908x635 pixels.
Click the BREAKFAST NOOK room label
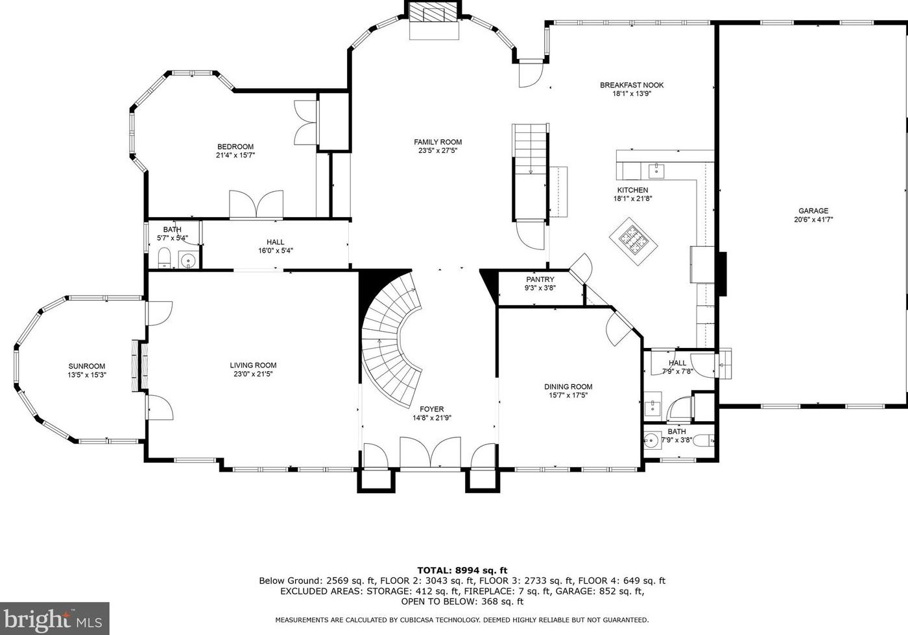pos(632,85)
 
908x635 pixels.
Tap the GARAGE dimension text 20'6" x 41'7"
pos(813,220)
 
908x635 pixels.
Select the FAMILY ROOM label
pos(438,142)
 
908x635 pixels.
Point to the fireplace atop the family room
pos(434,20)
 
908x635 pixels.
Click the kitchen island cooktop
pos(633,241)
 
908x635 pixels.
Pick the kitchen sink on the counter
pos(656,171)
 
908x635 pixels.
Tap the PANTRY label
pos(540,279)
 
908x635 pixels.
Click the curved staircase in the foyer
pos(391,340)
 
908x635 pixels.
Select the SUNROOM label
pos(87,366)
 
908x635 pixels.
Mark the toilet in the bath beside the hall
pos(164,259)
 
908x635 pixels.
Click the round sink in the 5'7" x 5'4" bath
pos(188,260)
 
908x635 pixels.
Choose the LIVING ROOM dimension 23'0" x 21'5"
pos(253,374)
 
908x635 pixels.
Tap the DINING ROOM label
pos(568,387)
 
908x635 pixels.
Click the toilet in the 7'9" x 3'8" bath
pos(703,440)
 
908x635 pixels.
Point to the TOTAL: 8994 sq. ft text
pos(462,571)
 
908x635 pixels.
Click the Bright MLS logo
pos(54,618)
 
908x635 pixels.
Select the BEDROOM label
pos(235,146)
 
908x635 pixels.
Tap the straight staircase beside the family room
pos(531,172)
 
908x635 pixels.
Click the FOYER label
pos(432,409)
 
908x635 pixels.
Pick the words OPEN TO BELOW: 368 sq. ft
pos(462,601)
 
